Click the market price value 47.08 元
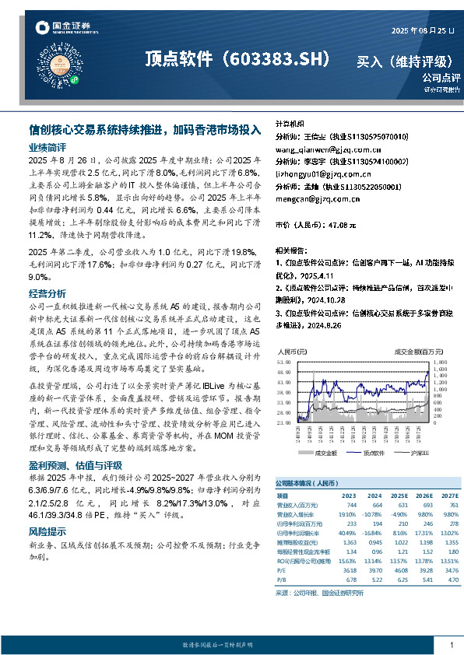(x=342, y=225)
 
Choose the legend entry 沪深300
(x=411, y=452)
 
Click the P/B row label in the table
(x=282, y=579)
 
